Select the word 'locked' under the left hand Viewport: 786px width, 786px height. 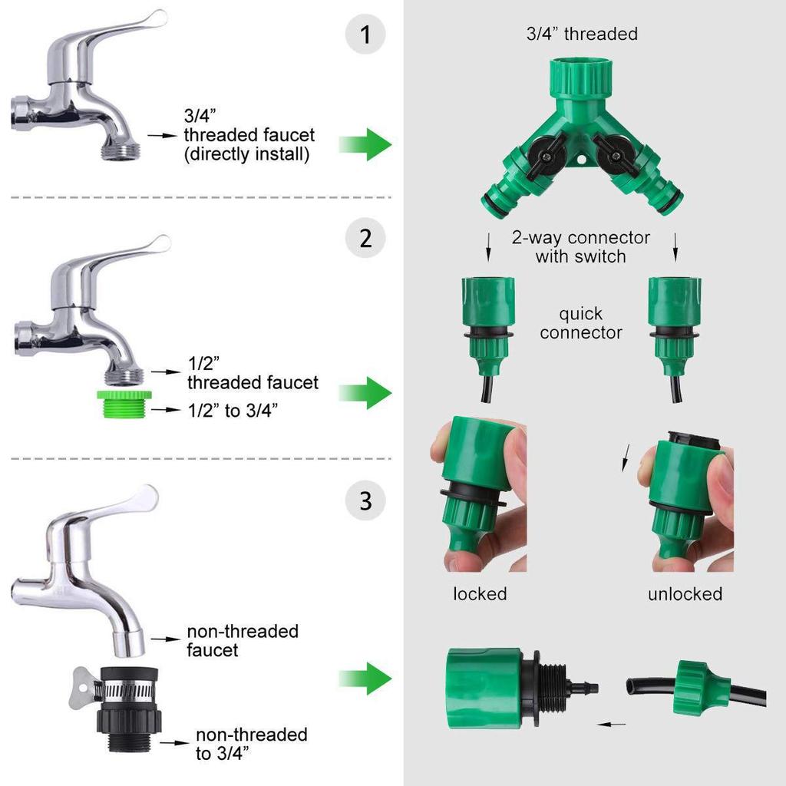pyautogui.click(x=480, y=594)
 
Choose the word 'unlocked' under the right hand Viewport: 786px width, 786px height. pyautogui.click(x=685, y=594)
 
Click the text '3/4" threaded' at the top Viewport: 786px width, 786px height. pyautogui.click(x=581, y=34)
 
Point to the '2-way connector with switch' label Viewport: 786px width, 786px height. pyautogui.click(x=581, y=247)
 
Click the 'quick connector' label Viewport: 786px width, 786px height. pyautogui.click(x=580, y=323)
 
